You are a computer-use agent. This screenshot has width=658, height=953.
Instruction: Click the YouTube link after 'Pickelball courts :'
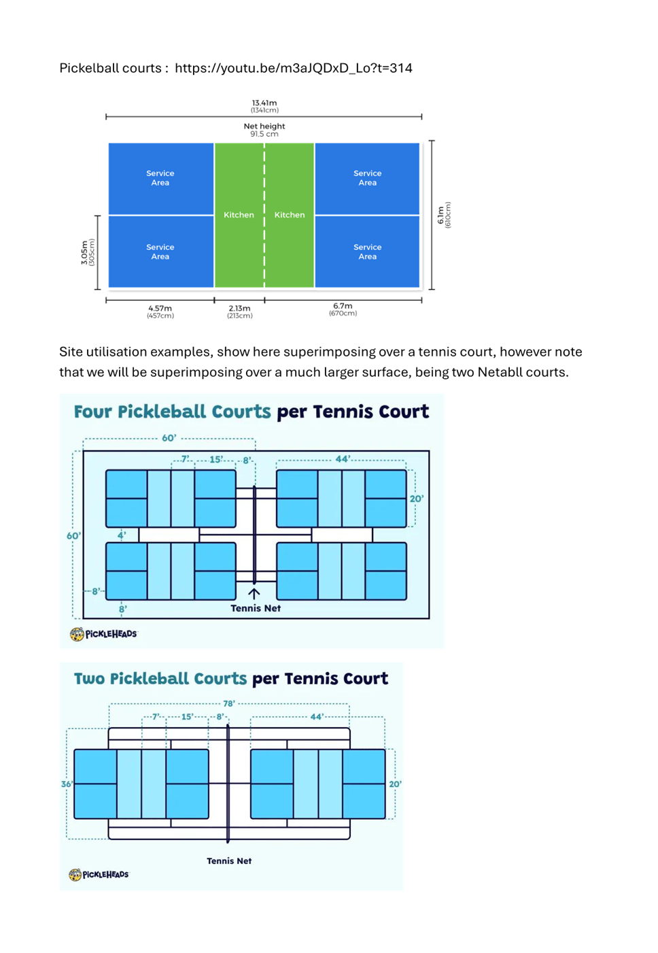(x=293, y=68)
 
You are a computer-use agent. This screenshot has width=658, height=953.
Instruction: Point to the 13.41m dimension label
(x=264, y=106)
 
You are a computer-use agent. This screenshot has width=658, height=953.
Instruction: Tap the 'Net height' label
(x=264, y=129)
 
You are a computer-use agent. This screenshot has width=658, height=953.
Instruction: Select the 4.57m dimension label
(x=160, y=312)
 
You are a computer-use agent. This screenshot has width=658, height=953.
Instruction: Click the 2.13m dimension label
(x=239, y=312)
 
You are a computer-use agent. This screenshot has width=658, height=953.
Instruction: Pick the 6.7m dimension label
(x=343, y=309)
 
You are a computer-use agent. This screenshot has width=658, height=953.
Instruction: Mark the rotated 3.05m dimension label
(x=88, y=252)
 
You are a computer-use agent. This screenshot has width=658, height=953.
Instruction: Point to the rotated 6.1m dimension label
(x=444, y=215)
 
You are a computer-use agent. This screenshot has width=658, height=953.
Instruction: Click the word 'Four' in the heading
(x=92, y=412)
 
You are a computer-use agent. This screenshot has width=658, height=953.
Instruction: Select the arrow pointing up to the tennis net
(x=254, y=592)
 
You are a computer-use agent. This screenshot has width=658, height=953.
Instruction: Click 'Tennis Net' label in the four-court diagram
(x=256, y=608)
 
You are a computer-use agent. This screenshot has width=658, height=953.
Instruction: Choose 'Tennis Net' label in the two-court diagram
(x=229, y=860)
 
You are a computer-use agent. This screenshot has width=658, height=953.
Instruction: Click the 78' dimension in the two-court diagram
(x=229, y=703)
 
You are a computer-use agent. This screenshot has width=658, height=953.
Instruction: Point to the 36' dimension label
(x=67, y=784)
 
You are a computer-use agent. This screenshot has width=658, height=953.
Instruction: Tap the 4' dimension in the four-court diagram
(x=122, y=535)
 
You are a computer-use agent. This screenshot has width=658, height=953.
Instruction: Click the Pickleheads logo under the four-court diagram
(x=103, y=634)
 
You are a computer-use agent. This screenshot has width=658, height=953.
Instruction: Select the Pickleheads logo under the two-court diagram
(x=99, y=874)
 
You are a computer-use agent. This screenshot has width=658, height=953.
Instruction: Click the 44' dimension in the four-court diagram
(x=343, y=459)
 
